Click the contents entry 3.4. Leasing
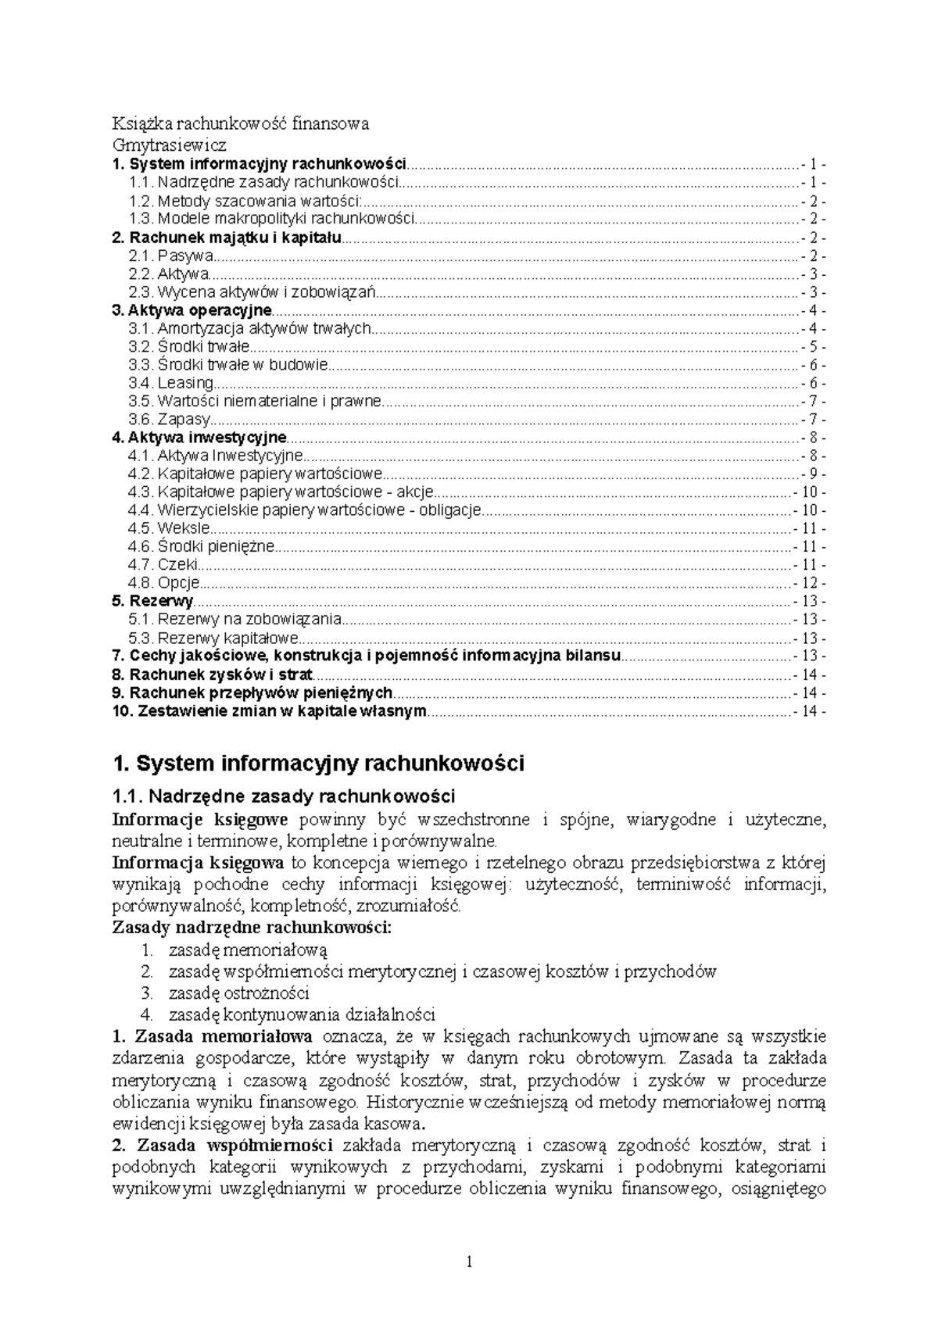tap(171, 383)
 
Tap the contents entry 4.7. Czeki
tap(164, 564)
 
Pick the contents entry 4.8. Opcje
tap(165, 583)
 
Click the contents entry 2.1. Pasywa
tap(172, 256)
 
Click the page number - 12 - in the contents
tap(809, 583)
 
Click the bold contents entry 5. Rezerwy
tap(152, 601)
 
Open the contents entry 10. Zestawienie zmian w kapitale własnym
tap(270, 710)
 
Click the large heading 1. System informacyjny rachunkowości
tap(318, 763)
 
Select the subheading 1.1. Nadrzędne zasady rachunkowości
tap(284, 796)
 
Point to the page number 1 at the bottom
tap(469, 1261)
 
